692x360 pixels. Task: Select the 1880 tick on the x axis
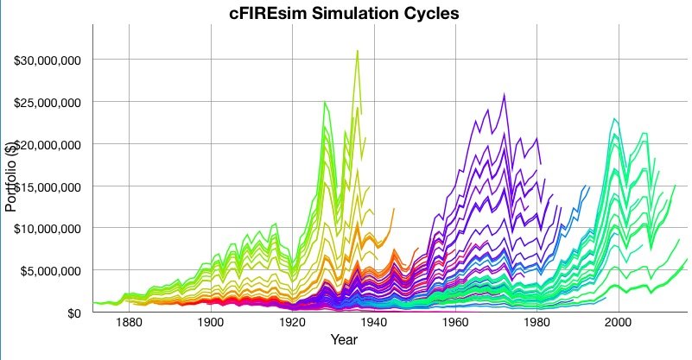click(x=129, y=323)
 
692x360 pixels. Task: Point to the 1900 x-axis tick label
click(x=210, y=323)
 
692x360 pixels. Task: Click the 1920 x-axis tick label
click(x=292, y=323)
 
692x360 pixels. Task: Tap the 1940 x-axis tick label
click(x=373, y=323)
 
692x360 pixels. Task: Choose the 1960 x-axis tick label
click(x=454, y=323)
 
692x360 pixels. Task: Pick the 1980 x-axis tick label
click(x=536, y=323)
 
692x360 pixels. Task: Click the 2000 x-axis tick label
click(x=618, y=323)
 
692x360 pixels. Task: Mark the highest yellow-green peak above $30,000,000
click(x=357, y=51)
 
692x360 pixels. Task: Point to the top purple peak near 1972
click(x=505, y=95)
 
